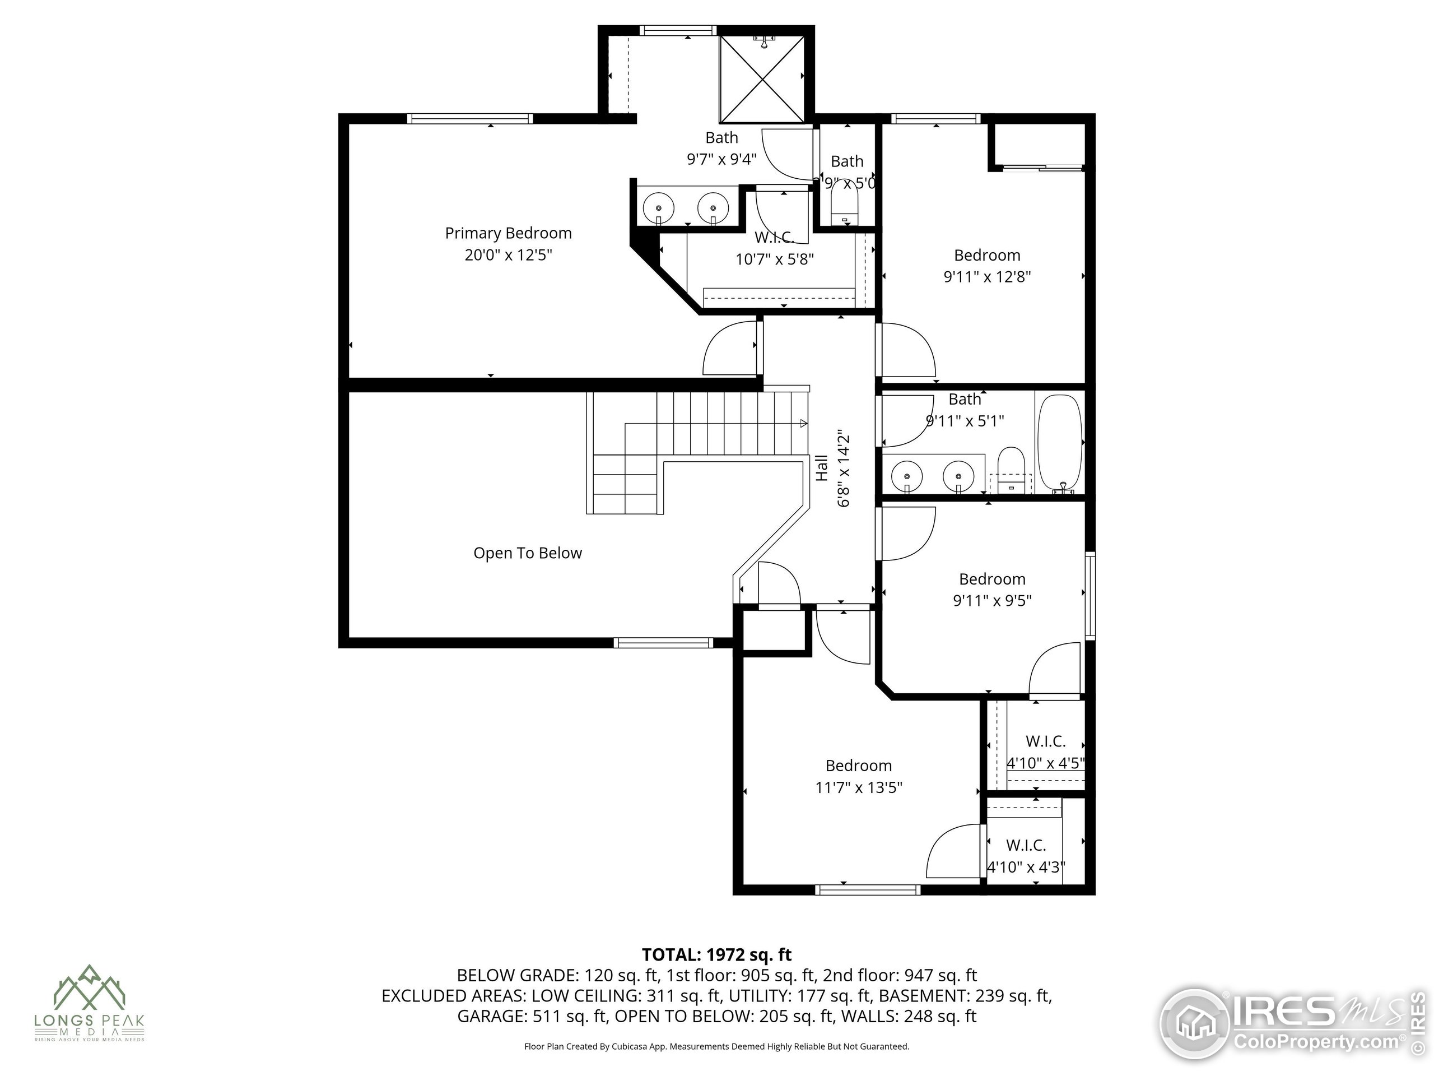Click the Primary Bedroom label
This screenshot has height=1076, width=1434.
click(x=508, y=233)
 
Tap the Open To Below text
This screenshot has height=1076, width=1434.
click(x=527, y=553)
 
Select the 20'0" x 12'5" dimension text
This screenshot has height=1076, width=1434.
click(x=508, y=254)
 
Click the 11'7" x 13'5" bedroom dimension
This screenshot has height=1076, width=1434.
click(x=858, y=787)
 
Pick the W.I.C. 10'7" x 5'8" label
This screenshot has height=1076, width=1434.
click(x=774, y=249)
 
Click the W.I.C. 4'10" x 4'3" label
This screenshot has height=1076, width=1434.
click(x=1026, y=856)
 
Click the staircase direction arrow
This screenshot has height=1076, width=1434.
click(x=803, y=424)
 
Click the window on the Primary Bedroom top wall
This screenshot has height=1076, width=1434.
click(x=470, y=119)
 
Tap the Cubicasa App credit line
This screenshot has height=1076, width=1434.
click(x=716, y=1046)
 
